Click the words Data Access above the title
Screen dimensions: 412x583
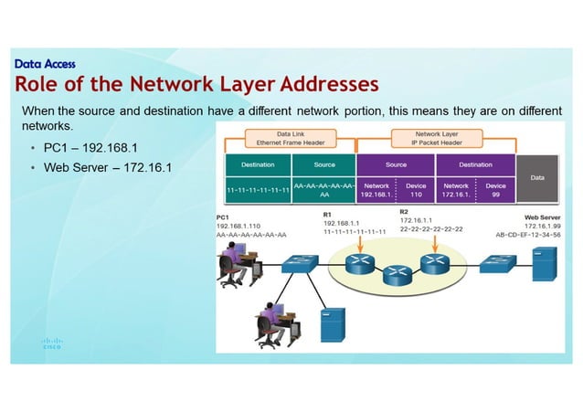point(45,64)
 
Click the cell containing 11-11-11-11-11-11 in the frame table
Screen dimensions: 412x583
point(258,190)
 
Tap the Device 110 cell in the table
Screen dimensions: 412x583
point(416,190)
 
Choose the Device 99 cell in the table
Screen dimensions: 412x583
point(496,190)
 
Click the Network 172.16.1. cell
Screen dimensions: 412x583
point(455,190)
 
